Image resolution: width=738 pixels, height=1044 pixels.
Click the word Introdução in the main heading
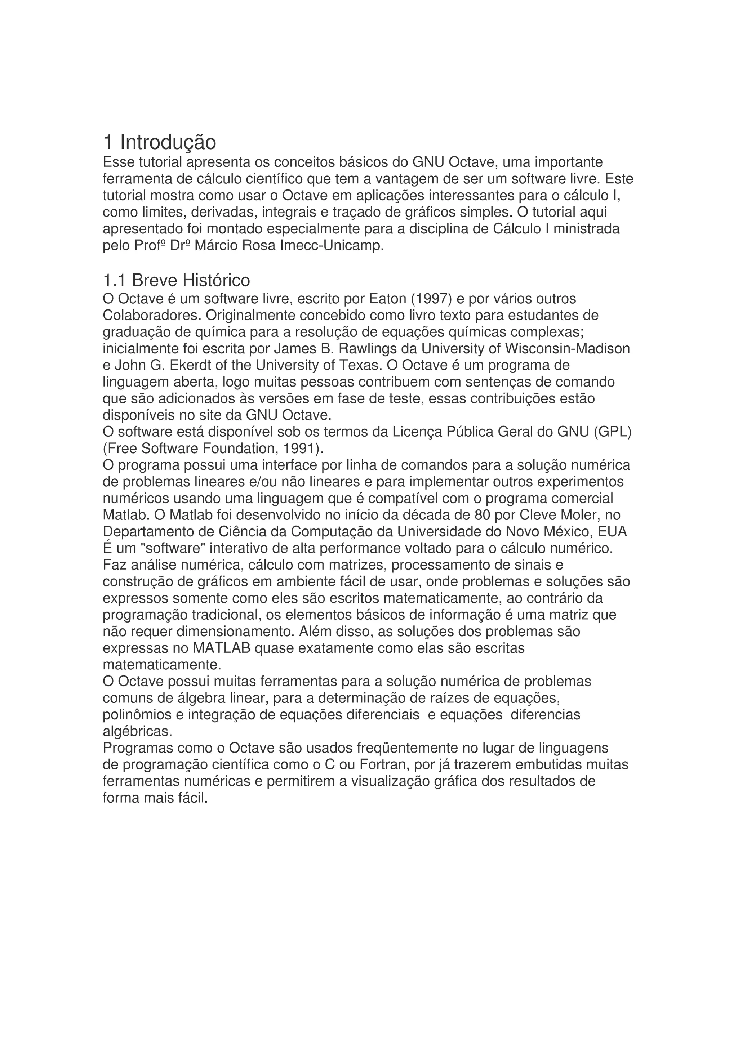[x=168, y=142]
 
